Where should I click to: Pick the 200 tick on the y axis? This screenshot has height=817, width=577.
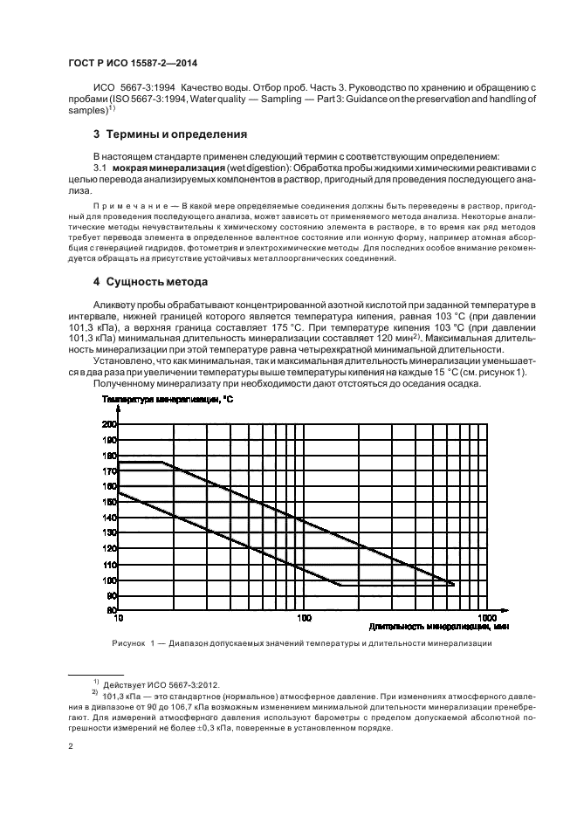(x=110, y=424)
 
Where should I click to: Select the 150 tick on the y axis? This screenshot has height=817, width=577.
(x=110, y=502)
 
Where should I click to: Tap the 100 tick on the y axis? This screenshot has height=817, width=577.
(x=110, y=580)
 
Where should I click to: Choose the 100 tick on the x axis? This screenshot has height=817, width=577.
(x=304, y=619)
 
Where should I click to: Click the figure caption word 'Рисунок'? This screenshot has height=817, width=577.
(x=131, y=644)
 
